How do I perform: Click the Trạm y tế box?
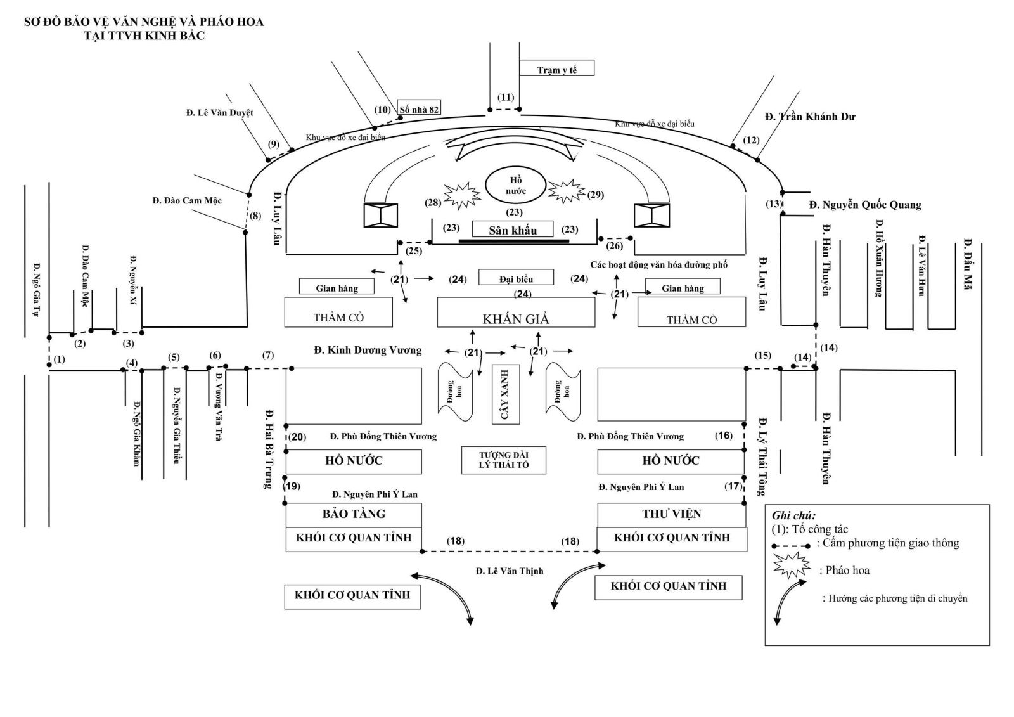point(556,68)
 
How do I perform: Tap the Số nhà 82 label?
point(418,108)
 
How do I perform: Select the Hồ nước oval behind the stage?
point(515,186)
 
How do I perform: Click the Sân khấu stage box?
point(513,229)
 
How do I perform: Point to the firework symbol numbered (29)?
point(565,190)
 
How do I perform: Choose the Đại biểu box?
point(516,278)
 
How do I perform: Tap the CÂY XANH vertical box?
point(506,394)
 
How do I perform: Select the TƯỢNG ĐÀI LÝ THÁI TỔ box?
point(503,460)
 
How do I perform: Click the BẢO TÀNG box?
point(354,514)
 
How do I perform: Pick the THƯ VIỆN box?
point(671,514)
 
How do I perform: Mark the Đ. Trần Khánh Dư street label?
point(810,117)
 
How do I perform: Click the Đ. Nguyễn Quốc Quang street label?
point(865,205)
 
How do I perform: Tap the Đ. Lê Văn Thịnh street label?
point(510,571)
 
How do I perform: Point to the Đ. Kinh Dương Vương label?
point(368,350)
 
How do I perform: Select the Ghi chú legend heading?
point(793,515)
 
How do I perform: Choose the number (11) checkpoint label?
point(506,97)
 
